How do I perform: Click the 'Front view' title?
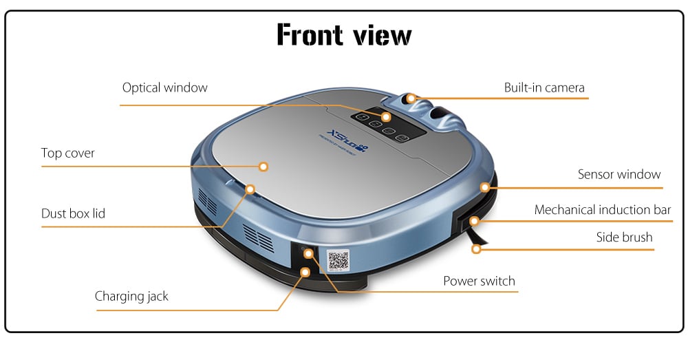pyautogui.click(x=344, y=35)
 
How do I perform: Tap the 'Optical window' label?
pyautogui.click(x=164, y=87)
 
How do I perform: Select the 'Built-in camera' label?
pyautogui.click(x=544, y=87)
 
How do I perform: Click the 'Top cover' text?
pyautogui.click(x=67, y=153)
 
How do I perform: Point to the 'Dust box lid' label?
pyautogui.click(x=73, y=213)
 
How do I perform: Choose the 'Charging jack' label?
pyautogui.click(x=131, y=297)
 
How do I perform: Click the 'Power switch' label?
pyautogui.click(x=479, y=281)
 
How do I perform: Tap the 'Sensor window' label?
pyautogui.click(x=619, y=175)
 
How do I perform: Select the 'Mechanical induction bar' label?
pyautogui.click(x=602, y=209)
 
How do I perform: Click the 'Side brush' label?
pyautogui.click(x=624, y=237)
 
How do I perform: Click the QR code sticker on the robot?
pyautogui.click(x=338, y=260)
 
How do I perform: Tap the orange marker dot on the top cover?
pyautogui.click(x=263, y=166)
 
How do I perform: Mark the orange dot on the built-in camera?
pyautogui.click(x=411, y=98)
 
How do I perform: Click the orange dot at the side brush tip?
pyautogui.click(x=475, y=249)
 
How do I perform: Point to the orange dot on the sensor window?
pyautogui.click(x=485, y=187)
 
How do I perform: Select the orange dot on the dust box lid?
pyautogui.click(x=250, y=188)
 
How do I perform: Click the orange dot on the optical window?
pyautogui.click(x=386, y=117)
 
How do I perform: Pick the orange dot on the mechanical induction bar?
pyautogui.click(x=473, y=221)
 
